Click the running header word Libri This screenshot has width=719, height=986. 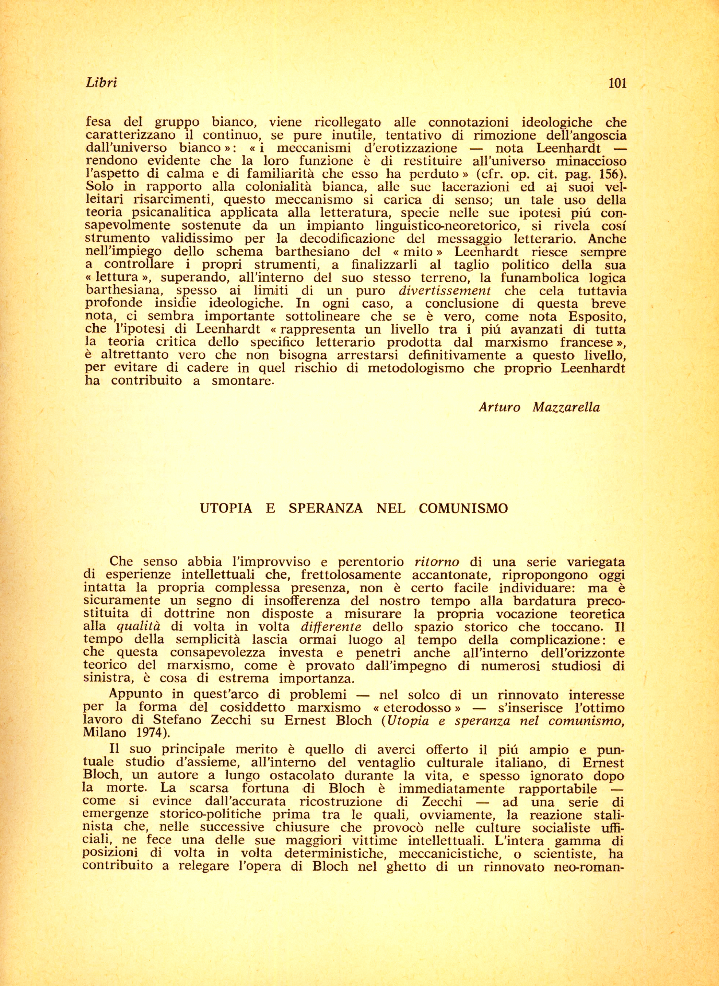click(x=101, y=83)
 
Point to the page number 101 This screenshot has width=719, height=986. click(x=617, y=83)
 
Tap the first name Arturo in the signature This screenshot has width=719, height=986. click(x=500, y=407)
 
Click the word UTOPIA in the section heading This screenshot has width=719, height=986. click(x=226, y=508)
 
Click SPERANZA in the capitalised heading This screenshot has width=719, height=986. click(x=325, y=508)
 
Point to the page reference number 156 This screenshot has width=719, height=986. click(x=610, y=174)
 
